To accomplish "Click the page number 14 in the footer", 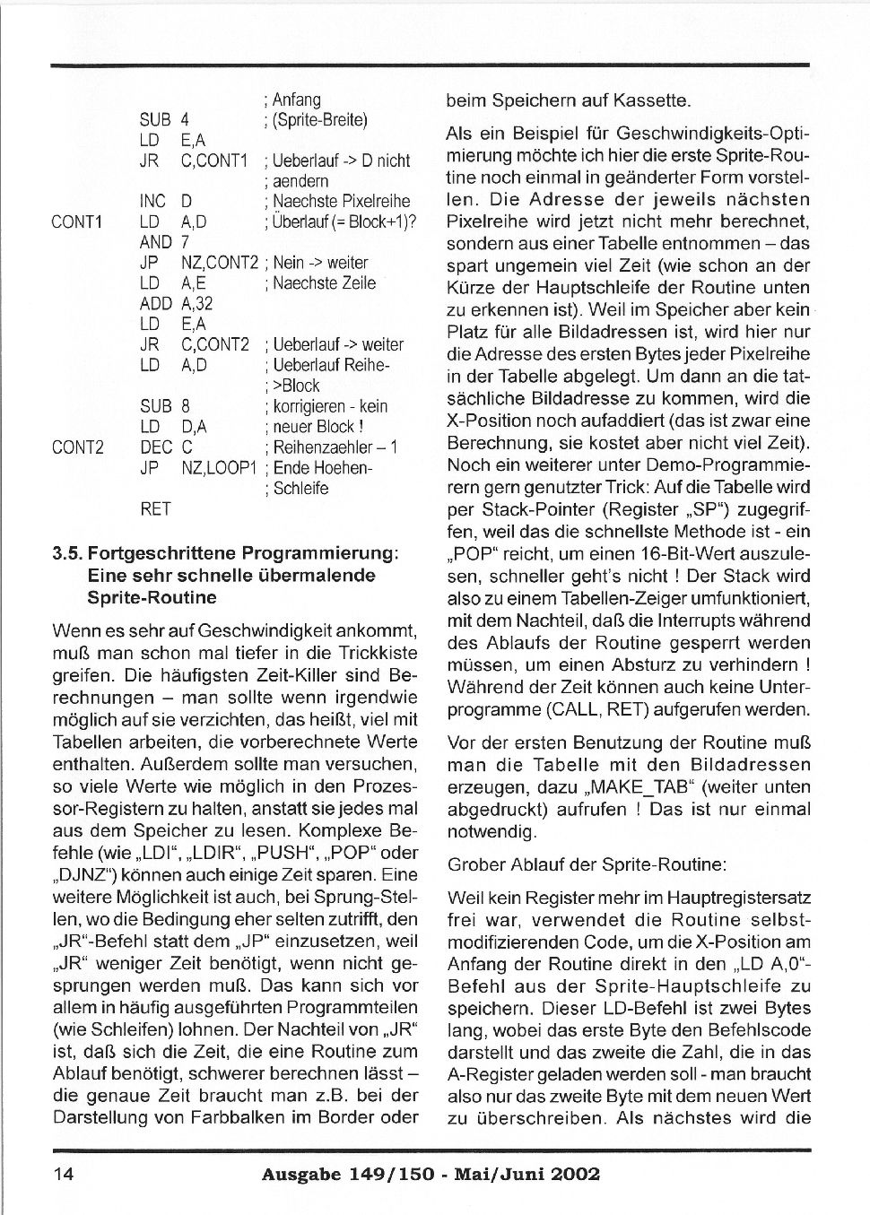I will pos(63,1175).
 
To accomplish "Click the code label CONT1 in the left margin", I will pos(78,221).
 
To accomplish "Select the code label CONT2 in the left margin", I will pos(78,447).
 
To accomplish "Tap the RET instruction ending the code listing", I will pos(155,509).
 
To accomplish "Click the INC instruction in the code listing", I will pos(153,201).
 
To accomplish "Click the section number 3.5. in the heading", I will pos(68,553).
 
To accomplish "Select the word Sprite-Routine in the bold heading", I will pos(152,597).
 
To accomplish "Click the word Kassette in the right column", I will pos(650,101).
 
